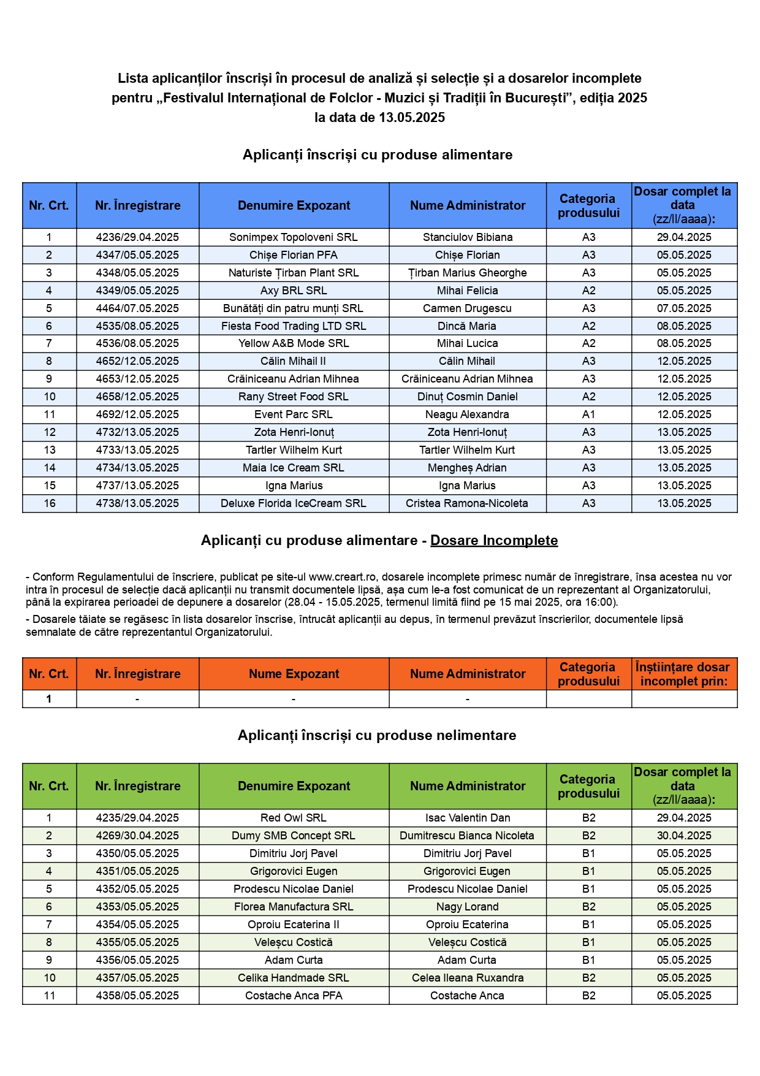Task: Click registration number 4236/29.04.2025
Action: pyautogui.click(x=137, y=237)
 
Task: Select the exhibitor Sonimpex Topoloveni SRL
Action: pyautogui.click(x=294, y=237)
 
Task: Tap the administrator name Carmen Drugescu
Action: pyautogui.click(x=467, y=308)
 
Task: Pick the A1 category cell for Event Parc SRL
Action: pyautogui.click(x=588, y=414)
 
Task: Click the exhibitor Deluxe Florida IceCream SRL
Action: pyautogui.click(x=294, y=503)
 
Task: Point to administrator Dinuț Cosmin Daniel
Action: pyautogui.click(x=467, y=397)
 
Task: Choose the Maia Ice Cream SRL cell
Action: pyautogui.click(x=294, y=468)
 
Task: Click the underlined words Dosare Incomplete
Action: pyautogui.click(x=494, y=540)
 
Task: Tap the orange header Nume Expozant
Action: pyautogui.click(x=294, y=674)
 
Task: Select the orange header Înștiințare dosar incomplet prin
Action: pyautogui.click(x=683, y=674)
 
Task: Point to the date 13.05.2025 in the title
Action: pyautogui.click(x=412, y=118)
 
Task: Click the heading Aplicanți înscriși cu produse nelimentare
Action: pyautogui.click(x=377, y=735)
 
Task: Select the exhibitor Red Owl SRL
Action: pyautogui.click(x=294, y=818)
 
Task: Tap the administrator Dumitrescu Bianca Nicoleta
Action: pyautogui.click(x=467, y=836)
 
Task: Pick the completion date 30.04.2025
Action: pyautogui.click(x=684, y=836)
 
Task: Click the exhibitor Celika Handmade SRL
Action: pyautogui.click(x=294, y=978)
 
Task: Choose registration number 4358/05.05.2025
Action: pyautogui.click(x=137, y=996)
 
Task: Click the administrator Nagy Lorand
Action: pyautogui.click(x=467, y=907)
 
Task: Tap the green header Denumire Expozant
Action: pyautogui.click(x=294, y=786)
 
